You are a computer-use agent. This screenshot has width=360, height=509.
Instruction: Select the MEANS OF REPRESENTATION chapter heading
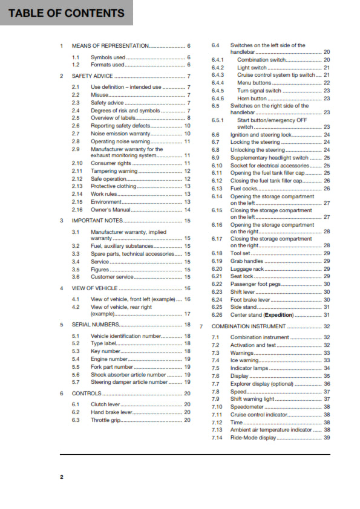coord(110,46)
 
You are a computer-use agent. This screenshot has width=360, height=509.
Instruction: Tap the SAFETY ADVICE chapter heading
coord(92,76)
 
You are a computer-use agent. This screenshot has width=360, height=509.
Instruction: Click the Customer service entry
coord(112,277)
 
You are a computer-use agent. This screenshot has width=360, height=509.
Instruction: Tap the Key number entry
coord(106,351)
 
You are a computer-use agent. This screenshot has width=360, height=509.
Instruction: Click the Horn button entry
coord(252,98)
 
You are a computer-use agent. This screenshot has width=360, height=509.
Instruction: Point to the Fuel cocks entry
coord(244,188)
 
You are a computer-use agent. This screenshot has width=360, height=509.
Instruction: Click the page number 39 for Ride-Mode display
coord(327,437)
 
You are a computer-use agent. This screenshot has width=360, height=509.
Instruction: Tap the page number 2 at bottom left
coord(61,477)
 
